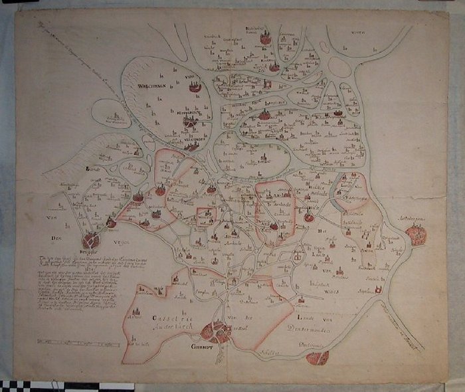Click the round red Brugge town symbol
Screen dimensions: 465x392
(91, 241)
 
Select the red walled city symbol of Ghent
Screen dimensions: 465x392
(217, 331)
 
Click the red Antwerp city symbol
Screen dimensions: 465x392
(417, 235)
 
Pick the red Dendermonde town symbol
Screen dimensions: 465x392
(318, 358)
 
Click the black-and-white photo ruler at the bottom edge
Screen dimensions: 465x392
(40, 386)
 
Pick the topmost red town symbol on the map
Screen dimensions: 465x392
(266, 38)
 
